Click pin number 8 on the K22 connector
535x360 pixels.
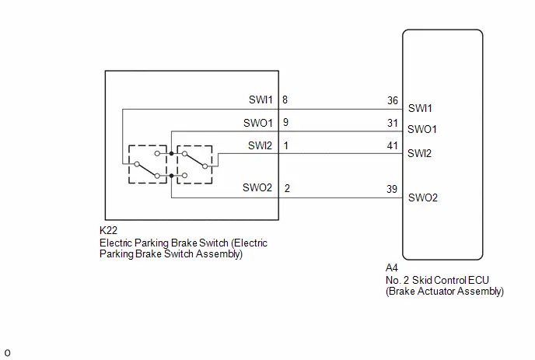click(x=285, y=100)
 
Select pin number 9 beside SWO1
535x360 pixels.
click(x=285, y=122)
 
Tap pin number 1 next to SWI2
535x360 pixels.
click(x=286, y=145)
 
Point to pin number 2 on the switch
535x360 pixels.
click(x=287, y=188)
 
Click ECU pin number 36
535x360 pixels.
click(x=393, y=100)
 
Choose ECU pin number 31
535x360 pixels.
click(x=393, y=123)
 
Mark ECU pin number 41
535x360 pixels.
click(x=393, y=145)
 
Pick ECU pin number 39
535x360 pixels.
click(x=392, y=189)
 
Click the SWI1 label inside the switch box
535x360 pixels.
click(x=261, y=100)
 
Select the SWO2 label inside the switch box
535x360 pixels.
click(x=257, y=187)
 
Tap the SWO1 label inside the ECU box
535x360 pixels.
click(x=422, y=129)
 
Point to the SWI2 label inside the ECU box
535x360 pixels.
click(x=419, y=153)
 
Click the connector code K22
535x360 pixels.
click(x=108, y=230)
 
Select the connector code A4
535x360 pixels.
click(x=392, y=267)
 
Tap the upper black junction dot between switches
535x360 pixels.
click(x=171, y=153)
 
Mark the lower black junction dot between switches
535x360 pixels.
click(x=171, y=176)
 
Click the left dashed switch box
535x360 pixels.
click(x=129, y=164)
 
